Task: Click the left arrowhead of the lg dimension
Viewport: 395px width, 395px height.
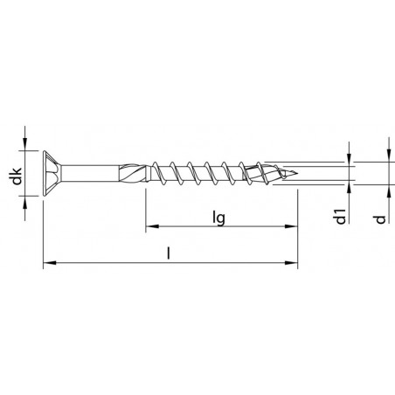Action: coord(149,230)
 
